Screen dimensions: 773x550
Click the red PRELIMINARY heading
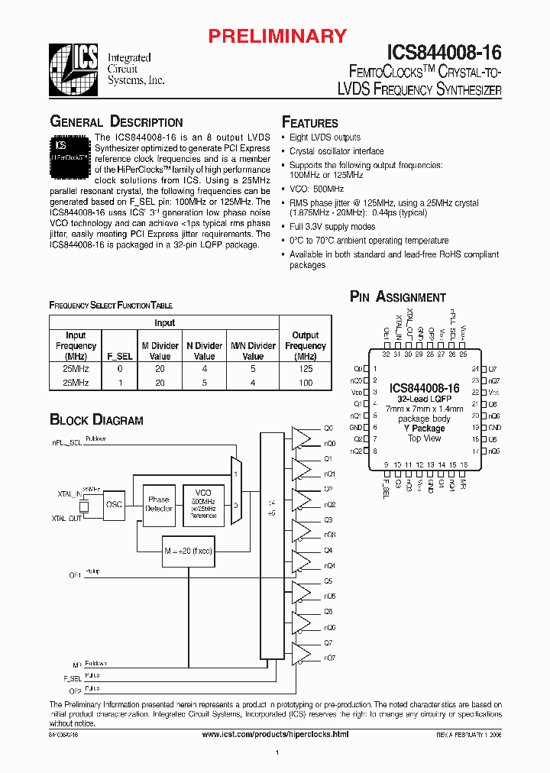[x=278, y=36]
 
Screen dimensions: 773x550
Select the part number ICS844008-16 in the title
[x=445, y=52]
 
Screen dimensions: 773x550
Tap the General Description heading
[x=116, y=122]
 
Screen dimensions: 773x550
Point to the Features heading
[x=310, y=123]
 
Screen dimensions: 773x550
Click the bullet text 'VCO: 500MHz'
[x=316, y=189]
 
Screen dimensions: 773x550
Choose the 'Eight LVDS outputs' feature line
[x=325, y=137]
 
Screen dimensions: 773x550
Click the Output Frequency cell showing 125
[x=306, y=369]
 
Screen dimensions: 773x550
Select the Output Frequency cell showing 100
[x=306, y=382]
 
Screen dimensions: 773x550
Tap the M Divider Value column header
[x=160, y=351]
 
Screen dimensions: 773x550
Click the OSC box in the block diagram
[x=114, y=504]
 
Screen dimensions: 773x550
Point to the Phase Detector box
[x=159, y=503]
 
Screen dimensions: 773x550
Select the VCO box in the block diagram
[x=203, y=504]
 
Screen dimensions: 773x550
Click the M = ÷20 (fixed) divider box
[x=187, y=550]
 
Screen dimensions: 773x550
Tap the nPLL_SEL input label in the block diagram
[x=66, y=442]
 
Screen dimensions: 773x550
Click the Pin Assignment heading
[x=397, y=297]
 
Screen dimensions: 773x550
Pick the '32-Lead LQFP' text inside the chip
[x=425, y=399]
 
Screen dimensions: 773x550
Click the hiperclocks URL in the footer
[x=275, y=734]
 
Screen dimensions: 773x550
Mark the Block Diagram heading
[x=96, y=419]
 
